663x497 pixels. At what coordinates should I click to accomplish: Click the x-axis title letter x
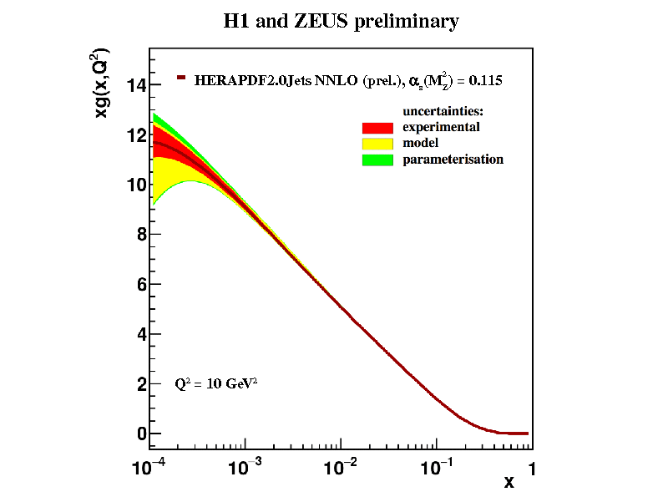509,482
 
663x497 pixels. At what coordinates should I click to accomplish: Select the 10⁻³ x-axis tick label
246,468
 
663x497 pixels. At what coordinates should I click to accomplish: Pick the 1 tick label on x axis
529,469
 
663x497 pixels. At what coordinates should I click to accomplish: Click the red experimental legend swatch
377,128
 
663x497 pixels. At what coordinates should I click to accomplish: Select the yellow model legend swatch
377,144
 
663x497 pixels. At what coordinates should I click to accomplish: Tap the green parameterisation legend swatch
377,160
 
